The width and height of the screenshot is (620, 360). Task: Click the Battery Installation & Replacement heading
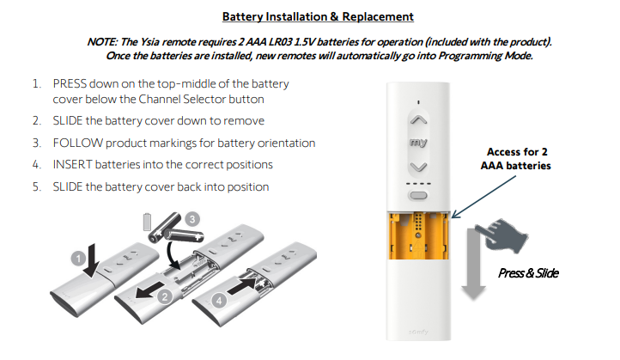(318, 16)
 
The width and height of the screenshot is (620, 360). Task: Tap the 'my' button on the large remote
(418, 142)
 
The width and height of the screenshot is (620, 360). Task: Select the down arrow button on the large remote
(418, 168)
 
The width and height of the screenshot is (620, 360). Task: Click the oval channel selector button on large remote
(418, 195)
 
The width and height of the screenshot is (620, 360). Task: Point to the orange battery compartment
(419, 235)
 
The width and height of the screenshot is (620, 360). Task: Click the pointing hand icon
(501, 235)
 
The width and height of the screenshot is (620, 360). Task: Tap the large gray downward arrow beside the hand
(473, 264)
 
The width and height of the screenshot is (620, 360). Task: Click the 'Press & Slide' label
(528, 273)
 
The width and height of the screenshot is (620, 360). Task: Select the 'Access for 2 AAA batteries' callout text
(515, 159)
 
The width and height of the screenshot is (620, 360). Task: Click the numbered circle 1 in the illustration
(79, 259)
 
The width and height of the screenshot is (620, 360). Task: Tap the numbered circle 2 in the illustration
(165, 296)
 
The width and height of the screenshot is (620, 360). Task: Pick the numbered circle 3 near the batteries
(192, 219)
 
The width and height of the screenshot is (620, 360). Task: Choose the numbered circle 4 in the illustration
(219, 300)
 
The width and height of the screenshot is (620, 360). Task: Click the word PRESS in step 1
(70, 84)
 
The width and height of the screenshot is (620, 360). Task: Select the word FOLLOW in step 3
(78, 143)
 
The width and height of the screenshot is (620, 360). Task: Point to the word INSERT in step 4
(72, 165)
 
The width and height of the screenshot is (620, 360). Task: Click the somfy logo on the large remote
(418, 332)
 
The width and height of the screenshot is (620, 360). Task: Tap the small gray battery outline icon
(147, 222)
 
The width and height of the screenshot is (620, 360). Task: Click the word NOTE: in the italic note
(102, 42)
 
